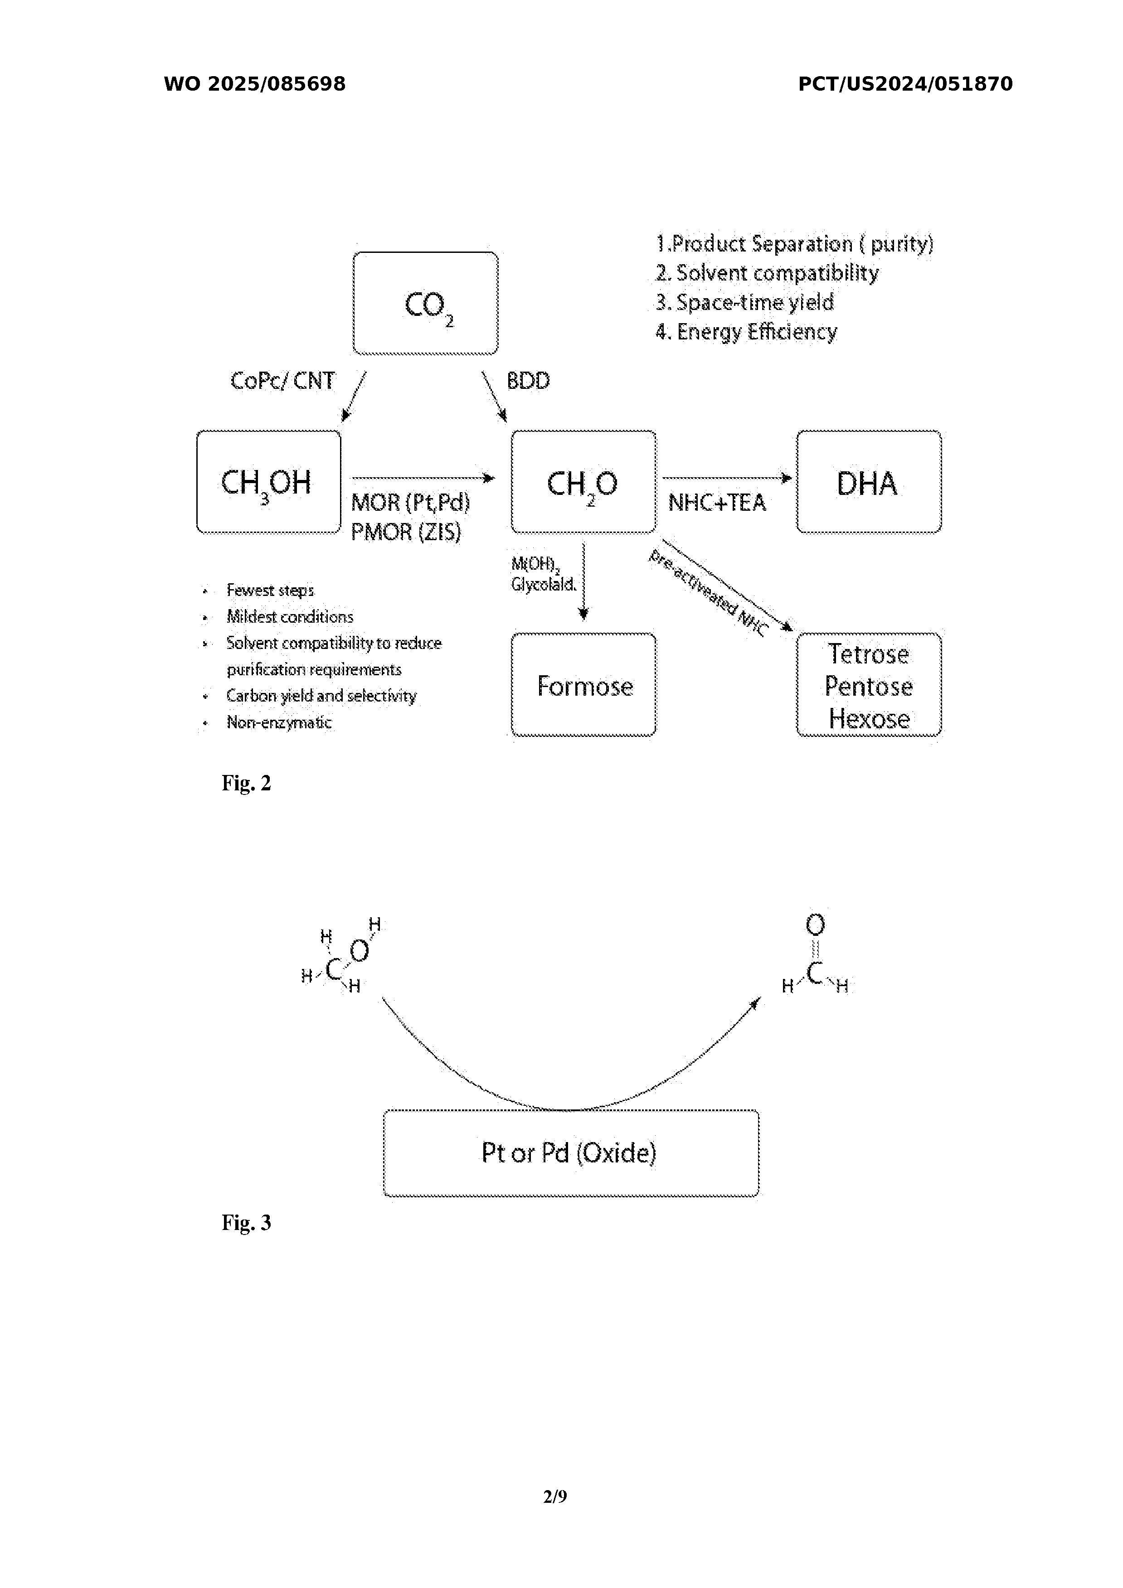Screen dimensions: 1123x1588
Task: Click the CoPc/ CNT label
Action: click(282, 381)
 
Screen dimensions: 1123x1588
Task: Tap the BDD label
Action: click(529, 381)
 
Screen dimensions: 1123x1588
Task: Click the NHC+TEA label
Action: click(717, 503)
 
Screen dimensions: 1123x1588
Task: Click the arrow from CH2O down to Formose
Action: click(583, 581)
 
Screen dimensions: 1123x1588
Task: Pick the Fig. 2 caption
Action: click(246, 783)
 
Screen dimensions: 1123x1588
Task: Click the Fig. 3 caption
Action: click(246, 1223)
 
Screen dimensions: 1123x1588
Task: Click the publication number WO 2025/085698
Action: click(255, 84)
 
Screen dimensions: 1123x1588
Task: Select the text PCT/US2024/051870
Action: click(905, 84)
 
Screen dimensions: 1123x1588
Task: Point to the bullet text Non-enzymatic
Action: click(279, 723)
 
